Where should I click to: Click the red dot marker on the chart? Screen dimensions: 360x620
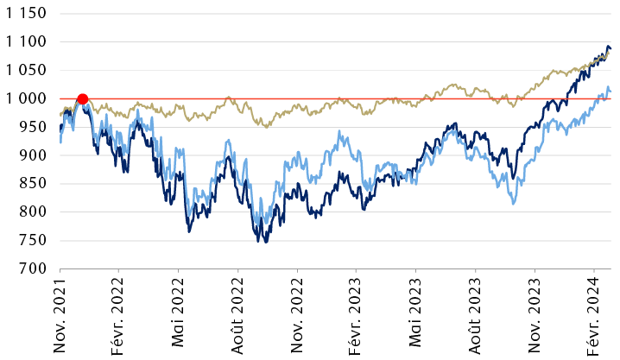click(x=82, y=98)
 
